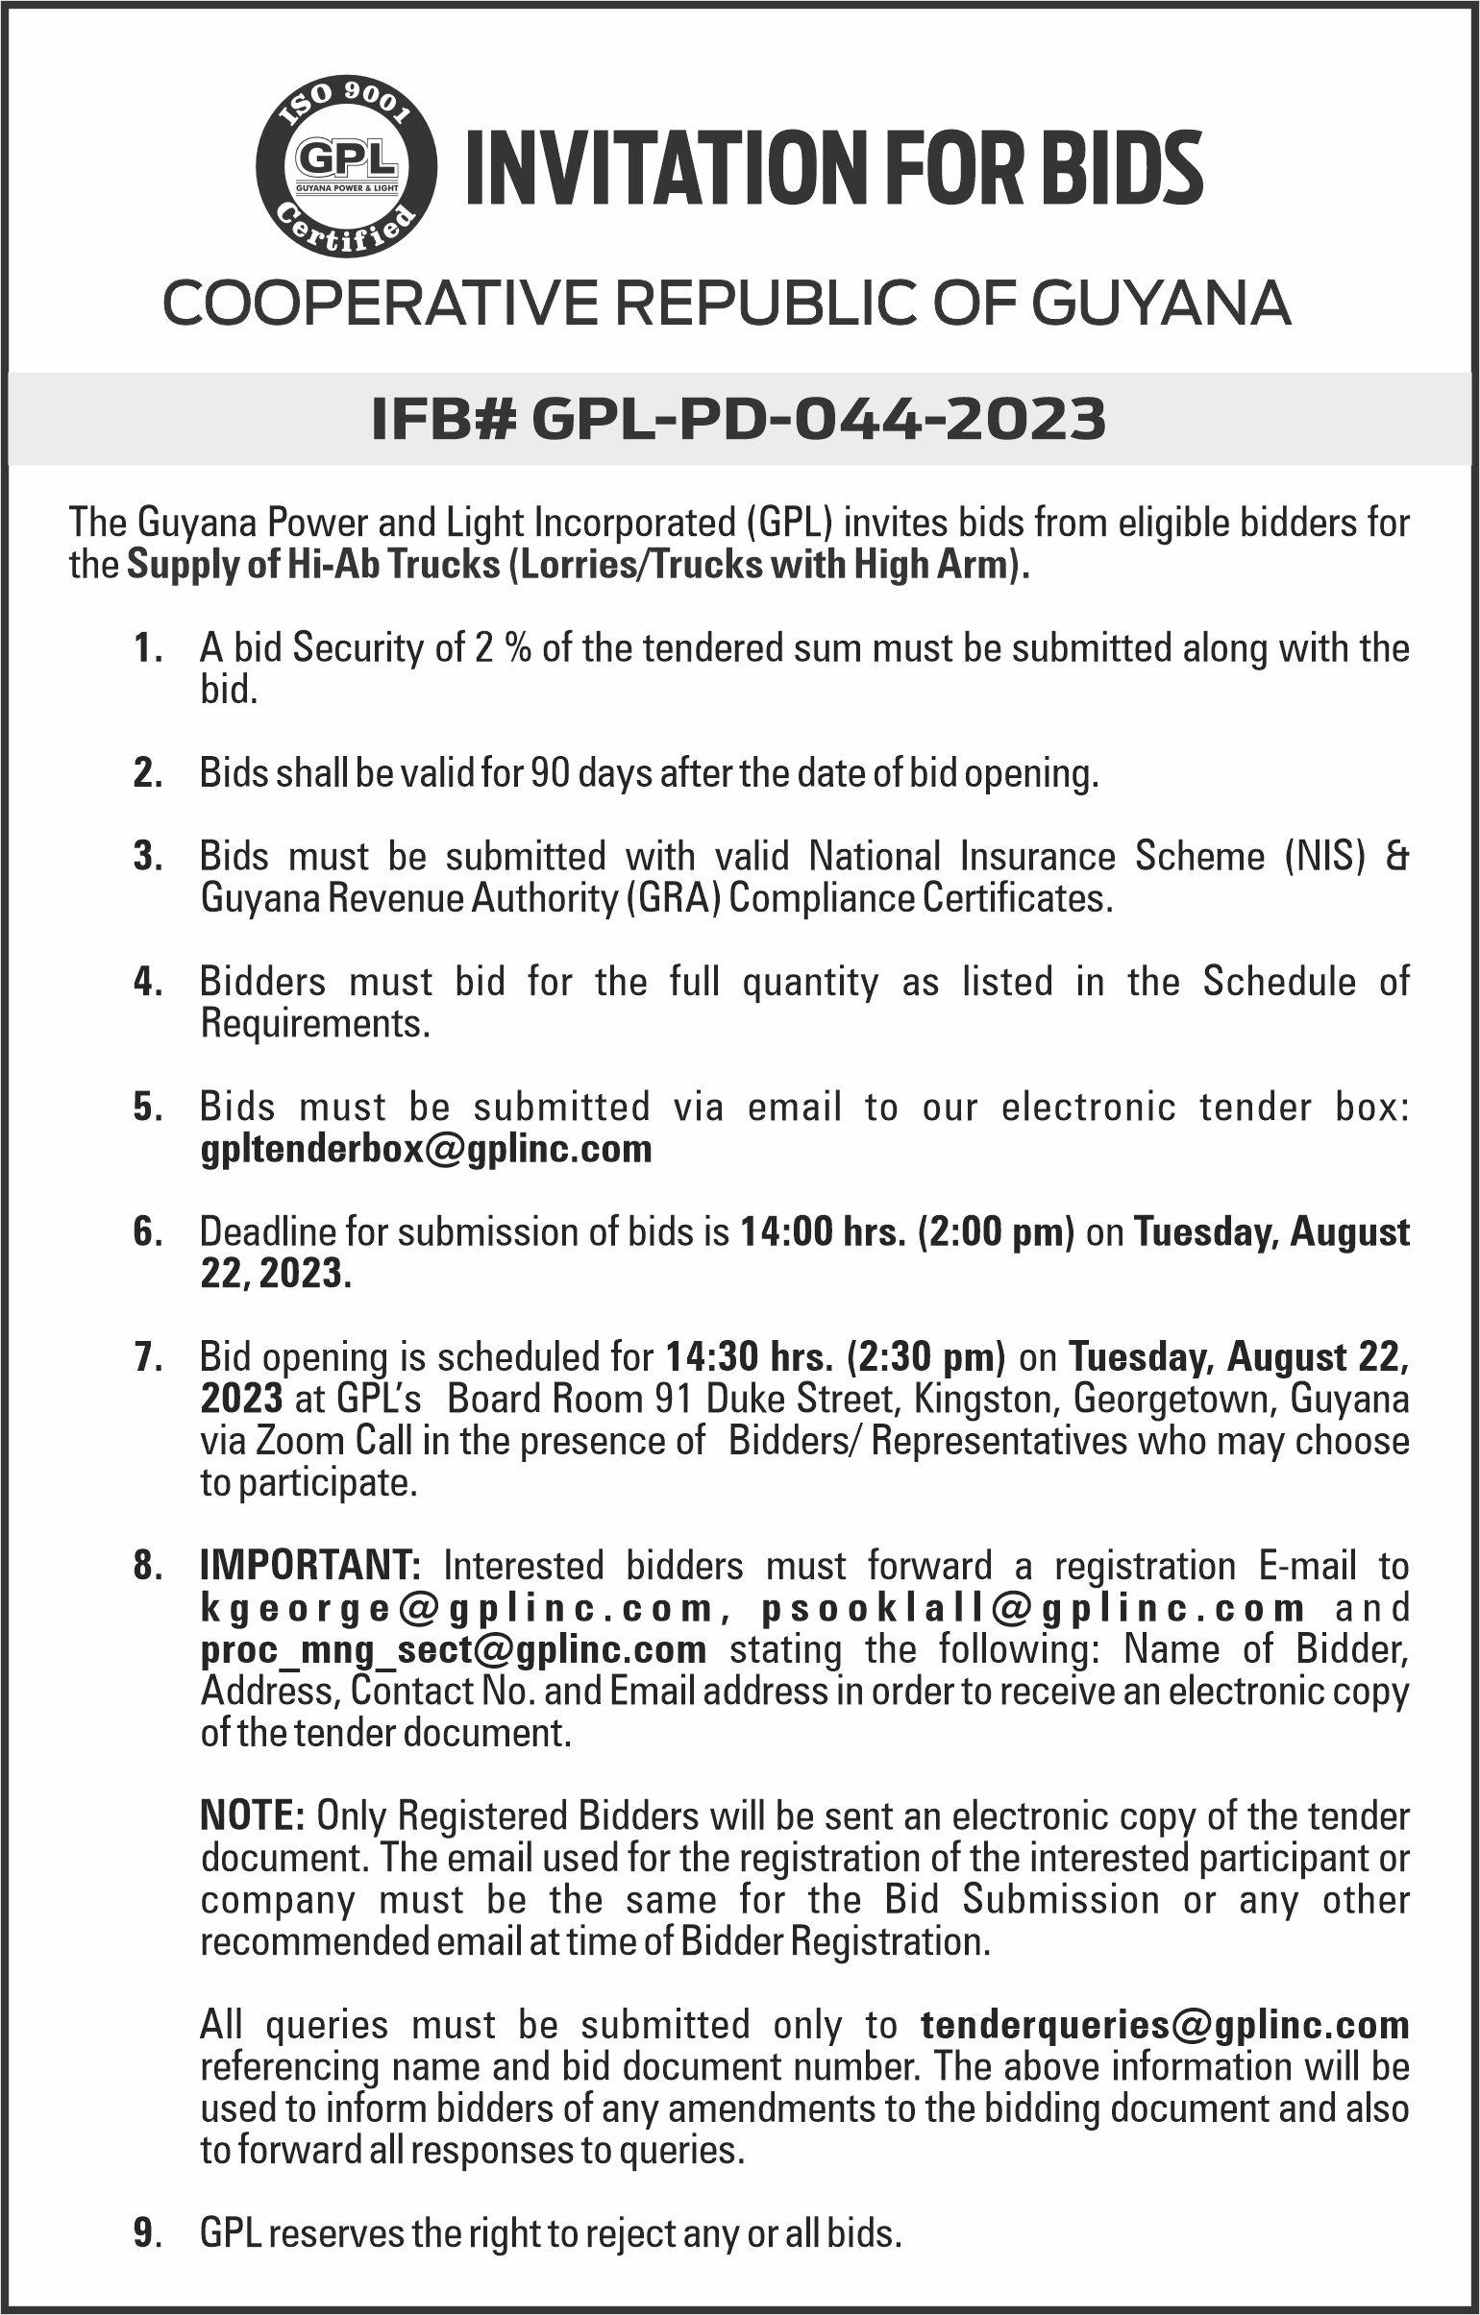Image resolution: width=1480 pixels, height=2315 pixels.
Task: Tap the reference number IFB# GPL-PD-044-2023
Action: [738, 419]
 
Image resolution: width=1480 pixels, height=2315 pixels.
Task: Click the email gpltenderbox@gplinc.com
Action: [426, 1148]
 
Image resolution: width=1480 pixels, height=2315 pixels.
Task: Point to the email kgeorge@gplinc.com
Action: [456, 1606]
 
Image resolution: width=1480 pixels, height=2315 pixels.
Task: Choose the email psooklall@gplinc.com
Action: [1033, 1606]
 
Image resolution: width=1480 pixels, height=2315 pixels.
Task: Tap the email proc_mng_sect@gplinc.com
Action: [453, 1648]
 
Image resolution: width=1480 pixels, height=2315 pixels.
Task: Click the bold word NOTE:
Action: [253, 1815]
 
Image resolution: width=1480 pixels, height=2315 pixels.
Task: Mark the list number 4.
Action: [145, 983]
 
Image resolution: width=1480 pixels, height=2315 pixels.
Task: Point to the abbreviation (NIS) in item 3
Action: [1327, 855]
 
